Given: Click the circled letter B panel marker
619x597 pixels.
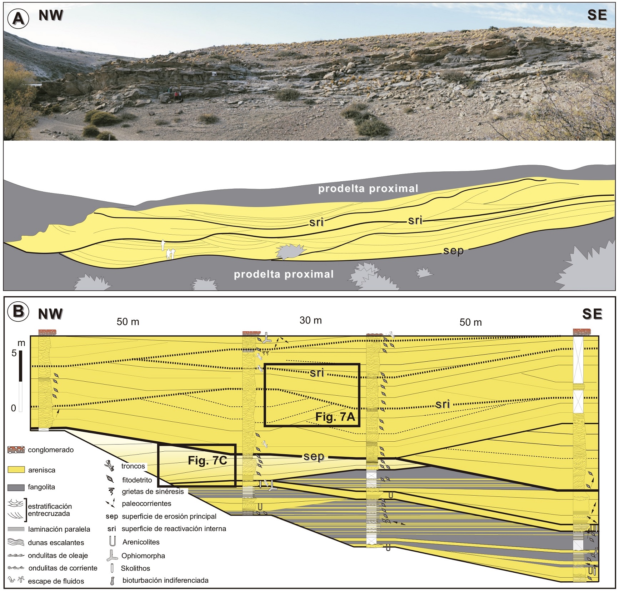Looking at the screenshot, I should [x=18, y=311].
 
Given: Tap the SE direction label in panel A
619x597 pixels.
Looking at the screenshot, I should [x=597, y=15].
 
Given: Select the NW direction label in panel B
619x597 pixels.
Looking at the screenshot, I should [x=50, y=314].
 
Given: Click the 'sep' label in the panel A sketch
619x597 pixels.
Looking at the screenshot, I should [x=453, y=251].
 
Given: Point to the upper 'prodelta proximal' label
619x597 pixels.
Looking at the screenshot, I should [x=368, y=189].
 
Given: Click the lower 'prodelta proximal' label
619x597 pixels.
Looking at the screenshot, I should [x=284, y=274].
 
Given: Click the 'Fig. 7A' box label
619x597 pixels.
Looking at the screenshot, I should [x=335, y=417].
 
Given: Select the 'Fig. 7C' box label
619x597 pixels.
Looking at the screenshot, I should [x=208, y=461].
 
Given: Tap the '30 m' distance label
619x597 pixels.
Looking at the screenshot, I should [x=310, y=321].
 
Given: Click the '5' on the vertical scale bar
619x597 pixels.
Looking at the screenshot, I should [x=14, y=353].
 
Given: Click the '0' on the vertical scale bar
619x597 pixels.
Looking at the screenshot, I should [x=14, y=408].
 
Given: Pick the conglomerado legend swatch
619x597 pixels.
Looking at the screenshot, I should [x=16, y=450].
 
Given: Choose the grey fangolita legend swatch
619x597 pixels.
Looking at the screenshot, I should [x=16, y=487].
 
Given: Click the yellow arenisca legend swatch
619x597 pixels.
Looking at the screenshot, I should [x=16, y=470].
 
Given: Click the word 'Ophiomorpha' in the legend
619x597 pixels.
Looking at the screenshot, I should [x=143, y=556].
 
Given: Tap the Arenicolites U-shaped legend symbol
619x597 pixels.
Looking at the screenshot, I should [x=112, y=541].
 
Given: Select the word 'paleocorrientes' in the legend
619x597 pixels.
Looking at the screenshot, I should [x=146, y=504].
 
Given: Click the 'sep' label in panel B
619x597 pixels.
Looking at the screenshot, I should [x=314, y=456].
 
